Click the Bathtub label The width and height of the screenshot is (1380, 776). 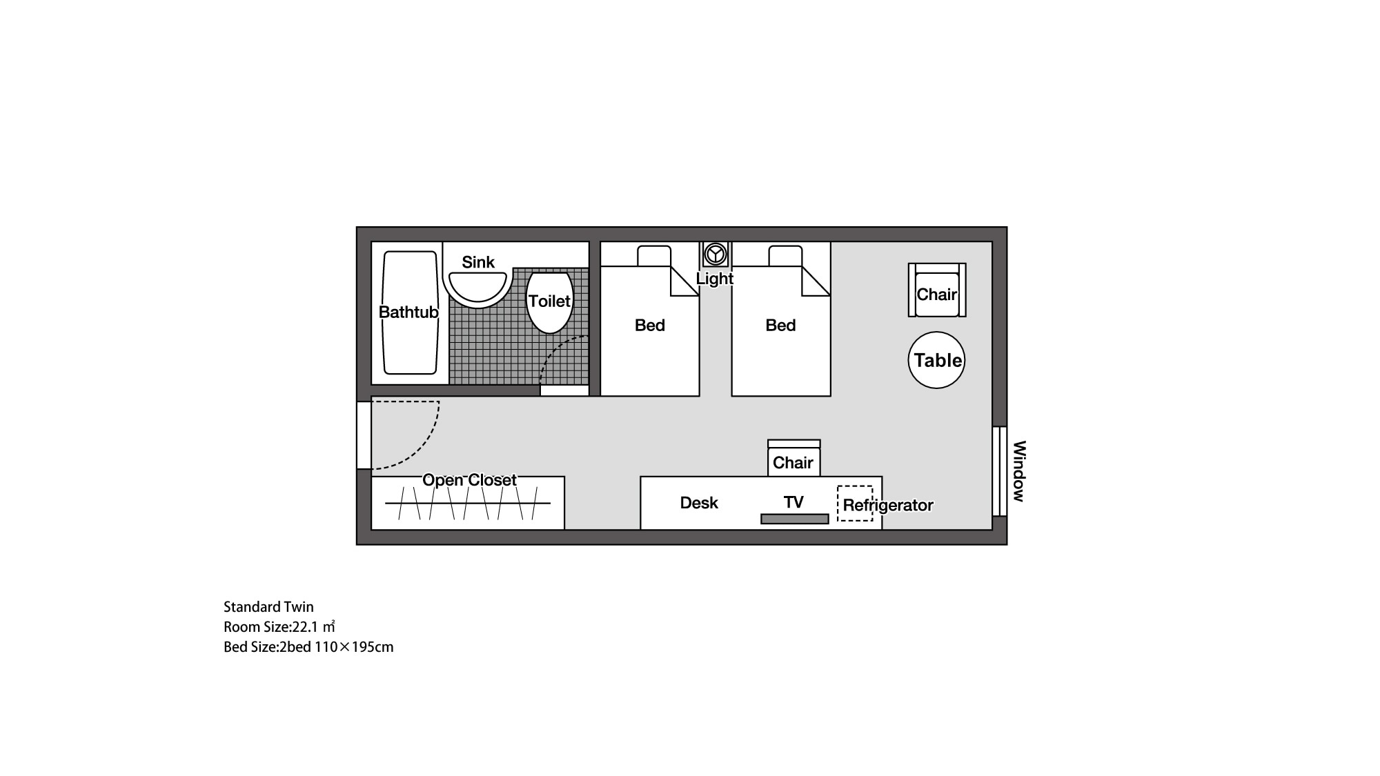(x=408, y=312)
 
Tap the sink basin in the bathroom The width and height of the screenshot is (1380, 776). (x=477, y=286)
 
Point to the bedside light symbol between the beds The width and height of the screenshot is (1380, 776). (x=716, y=254)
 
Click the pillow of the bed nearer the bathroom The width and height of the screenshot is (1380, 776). (x=653, y=256)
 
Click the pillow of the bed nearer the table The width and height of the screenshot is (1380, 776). (x=785, y=256)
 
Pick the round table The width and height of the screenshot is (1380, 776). (x=936, y=360)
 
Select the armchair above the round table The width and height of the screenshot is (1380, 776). (x=936, y=291)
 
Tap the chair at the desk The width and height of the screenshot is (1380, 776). (x=793, y=461)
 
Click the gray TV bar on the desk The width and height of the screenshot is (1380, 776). (x=794, y=519)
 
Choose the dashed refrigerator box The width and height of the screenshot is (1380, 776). (x=855, y=503)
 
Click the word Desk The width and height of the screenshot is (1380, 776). (x=699, y=503)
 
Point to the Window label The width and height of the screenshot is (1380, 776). (x=1019, y=471)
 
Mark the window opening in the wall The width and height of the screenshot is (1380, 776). (x=998, y=471)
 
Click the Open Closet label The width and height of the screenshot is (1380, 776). (x=469, y=480)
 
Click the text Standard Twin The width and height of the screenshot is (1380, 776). (x=268, y=607)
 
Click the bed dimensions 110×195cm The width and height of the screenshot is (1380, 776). (x=354, y=647)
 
